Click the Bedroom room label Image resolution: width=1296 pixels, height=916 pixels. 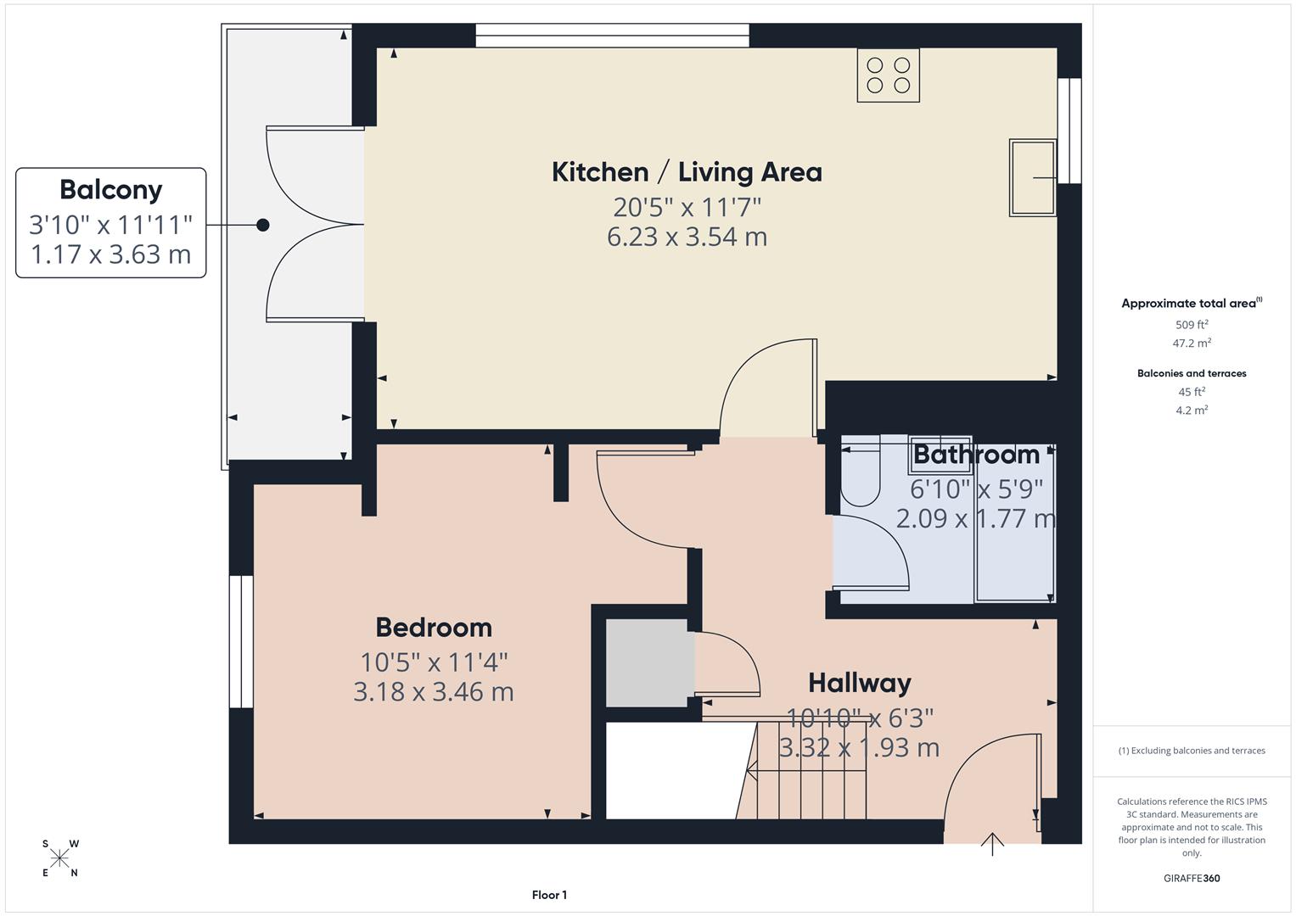click(x=434, y=628)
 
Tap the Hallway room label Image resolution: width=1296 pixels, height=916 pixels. click(x=859, y=683)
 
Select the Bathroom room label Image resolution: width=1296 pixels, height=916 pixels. click(x=976, y=455)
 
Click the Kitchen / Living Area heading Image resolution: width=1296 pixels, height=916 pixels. click(x=687, y=172)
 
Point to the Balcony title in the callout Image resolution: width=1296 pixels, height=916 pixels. click(x=110, y=190)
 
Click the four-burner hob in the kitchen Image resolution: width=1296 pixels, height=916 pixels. click(x=888, y=75)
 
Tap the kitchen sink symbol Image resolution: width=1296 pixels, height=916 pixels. click(x=1032, y=177)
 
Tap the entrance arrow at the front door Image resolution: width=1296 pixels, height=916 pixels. click(x=992, y=844)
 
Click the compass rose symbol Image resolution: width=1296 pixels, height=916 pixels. click(x=60, y=858)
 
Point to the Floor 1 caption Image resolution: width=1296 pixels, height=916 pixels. click(x=549, y=895)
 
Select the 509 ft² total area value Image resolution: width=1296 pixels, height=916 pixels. click(x=1192, y=325)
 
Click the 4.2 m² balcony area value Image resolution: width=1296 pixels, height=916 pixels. click(x=1192, y=411)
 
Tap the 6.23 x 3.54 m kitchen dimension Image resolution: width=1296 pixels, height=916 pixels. click(x=687, y=237)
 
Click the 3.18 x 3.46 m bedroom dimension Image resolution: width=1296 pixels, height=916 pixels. click(x=434, y=692)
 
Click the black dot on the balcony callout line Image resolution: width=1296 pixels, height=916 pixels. click(x=263, y=225)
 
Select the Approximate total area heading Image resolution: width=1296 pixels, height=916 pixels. click(x=1190, y=303)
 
